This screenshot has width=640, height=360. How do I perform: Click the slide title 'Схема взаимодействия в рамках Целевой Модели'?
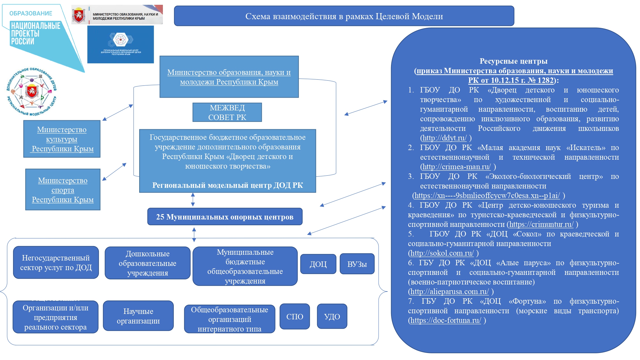coord(344,16)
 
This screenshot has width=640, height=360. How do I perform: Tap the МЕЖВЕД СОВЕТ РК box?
coord(227,112)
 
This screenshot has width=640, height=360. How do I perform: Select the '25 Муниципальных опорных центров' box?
coord(225,217)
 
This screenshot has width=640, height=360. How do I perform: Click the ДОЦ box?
coord(318,264)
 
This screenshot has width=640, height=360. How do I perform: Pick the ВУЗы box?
coord(357,264)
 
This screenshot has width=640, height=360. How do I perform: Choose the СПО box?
coord(295,316)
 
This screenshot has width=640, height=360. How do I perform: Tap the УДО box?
coord(332,316)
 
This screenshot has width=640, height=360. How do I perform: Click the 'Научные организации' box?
coord(138,316)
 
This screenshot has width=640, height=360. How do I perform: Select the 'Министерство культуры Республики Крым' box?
coord(62,139)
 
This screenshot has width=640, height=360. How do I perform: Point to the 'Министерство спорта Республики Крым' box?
coord(63,190)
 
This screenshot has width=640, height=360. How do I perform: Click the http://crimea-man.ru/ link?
coord(456,167)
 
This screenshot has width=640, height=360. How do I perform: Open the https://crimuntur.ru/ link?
coord(541,224)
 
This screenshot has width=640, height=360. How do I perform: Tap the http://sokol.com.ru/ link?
coord(442,253)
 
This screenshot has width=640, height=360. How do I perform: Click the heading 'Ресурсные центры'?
coord(513,61)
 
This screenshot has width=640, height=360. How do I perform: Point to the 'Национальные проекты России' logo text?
coord(35,33)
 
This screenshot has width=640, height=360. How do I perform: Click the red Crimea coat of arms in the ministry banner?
coord(78,15)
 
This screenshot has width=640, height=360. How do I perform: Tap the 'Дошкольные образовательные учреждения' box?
coord(148,263)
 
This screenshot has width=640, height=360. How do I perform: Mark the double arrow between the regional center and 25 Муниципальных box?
coord(193,200)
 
